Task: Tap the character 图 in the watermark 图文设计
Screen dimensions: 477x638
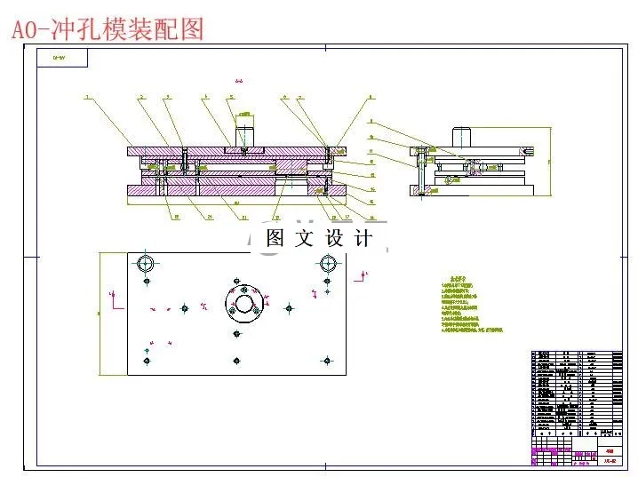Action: pos(275,238)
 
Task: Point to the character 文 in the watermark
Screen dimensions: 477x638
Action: pos(304,238)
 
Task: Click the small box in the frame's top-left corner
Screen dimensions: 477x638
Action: pos(60,59)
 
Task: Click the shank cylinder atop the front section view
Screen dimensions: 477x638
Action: pos(245,133)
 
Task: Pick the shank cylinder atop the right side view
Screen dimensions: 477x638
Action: pos(460,137)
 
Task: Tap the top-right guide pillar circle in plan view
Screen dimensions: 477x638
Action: pos(328,264)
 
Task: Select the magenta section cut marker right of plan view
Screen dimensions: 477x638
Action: pos(363,278)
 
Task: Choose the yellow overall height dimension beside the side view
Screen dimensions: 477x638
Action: pos(549,160)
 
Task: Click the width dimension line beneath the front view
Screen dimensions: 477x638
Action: pos(235,205)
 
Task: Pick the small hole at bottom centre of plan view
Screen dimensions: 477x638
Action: pos(237,359)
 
